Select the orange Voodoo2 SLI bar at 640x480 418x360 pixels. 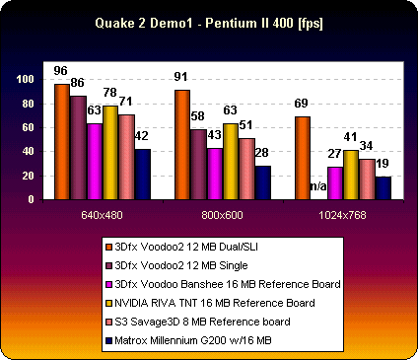(x=62, y=141)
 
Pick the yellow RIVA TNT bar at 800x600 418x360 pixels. (x=231, y=161)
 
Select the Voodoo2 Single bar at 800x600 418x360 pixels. (x=198, y=164)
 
